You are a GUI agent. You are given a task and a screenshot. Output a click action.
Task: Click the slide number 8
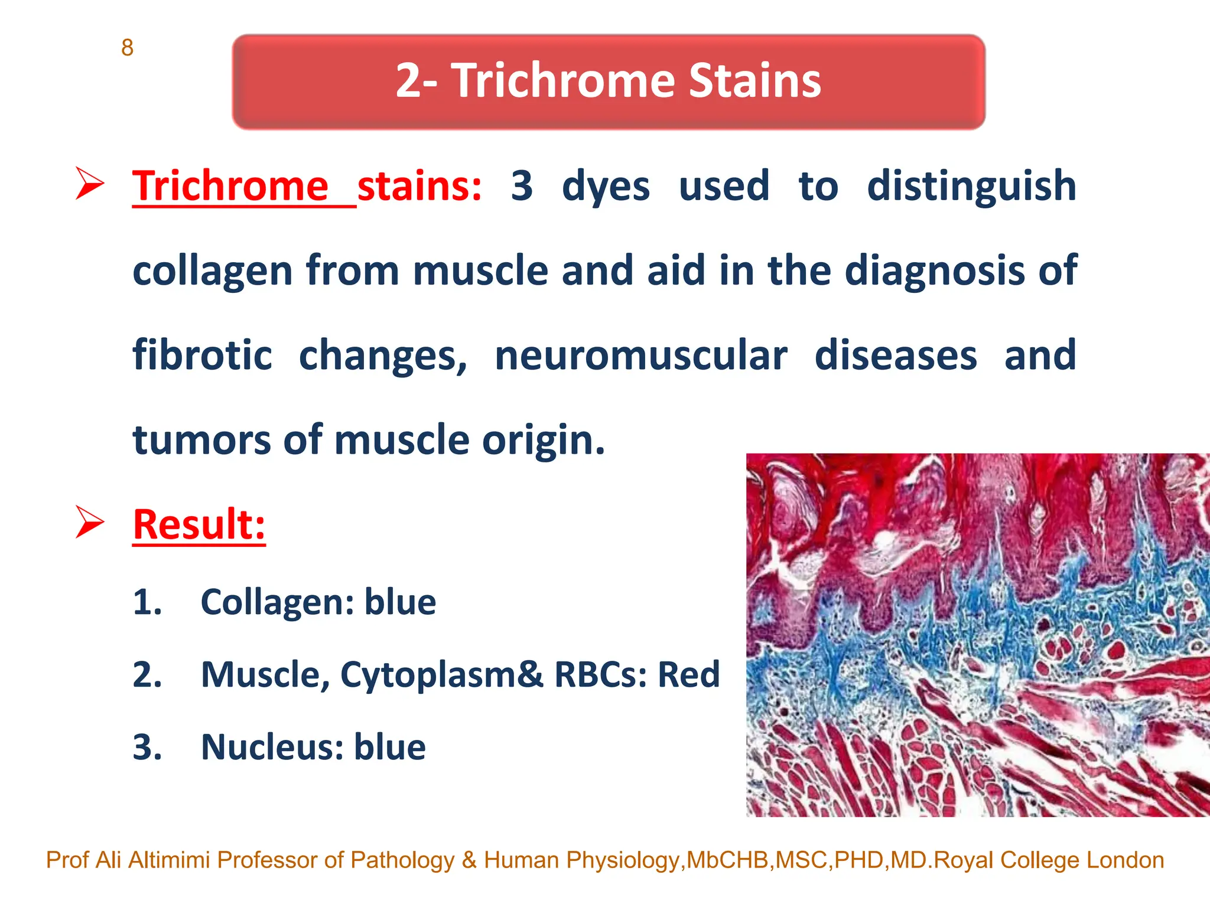click(x=127, y=48)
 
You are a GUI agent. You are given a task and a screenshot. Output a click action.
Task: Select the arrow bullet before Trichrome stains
click(x=90, y=184)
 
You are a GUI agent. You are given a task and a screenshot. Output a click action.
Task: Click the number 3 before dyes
click(x=522, y=186)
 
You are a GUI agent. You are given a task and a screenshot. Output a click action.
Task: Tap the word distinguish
click(x=971, y=186)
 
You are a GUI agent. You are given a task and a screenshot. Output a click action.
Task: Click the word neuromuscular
click(x=640, y=355)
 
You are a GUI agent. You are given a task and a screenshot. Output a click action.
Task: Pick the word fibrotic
click(x=202, y=355)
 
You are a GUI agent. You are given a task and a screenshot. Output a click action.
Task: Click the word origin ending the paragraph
click(x=542, y=441)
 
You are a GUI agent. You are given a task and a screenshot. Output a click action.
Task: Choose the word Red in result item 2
click(x=689, y=674)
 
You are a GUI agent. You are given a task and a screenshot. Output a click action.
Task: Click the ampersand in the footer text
click(x=469, y=860)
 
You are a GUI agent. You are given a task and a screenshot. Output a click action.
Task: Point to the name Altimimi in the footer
click(x=169, y=860)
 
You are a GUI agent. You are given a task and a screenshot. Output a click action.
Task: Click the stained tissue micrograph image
click(x=977, y=635)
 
